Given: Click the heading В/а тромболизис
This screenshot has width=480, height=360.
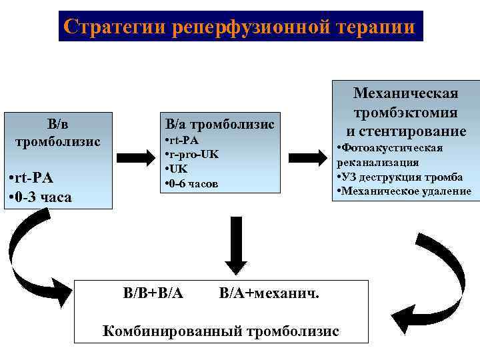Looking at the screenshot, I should (x=219, y=124).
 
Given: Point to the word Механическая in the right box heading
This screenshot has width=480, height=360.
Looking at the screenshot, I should (x=405, y=92).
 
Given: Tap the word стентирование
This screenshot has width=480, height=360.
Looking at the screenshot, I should (x=413, y=131).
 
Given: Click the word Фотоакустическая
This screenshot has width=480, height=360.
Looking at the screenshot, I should (x=393, y=148).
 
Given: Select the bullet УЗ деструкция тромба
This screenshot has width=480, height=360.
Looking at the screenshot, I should (x=400, y=177).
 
